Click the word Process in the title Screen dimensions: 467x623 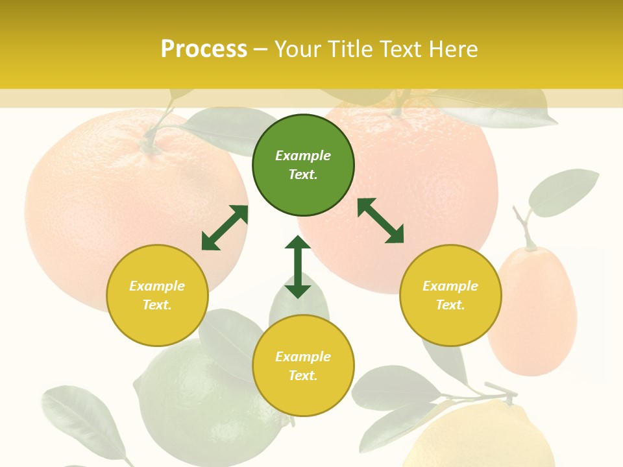[x=204, y=49]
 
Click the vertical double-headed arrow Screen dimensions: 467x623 [x=298, y=267]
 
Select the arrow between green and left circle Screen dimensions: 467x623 [x=225, y=228]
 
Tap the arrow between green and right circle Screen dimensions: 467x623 [x=380, y=221]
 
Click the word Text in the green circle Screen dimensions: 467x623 [x=303, y=174]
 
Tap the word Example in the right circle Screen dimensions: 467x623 [x=450, y=286]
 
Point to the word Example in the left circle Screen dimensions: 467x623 [x=157, y=286]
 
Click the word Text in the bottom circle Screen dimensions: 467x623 [x=303, y=376]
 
